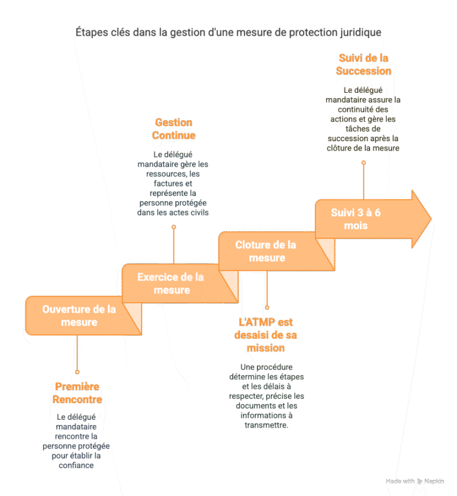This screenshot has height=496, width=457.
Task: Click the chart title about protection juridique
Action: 228,32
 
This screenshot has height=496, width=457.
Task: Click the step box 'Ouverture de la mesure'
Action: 79,316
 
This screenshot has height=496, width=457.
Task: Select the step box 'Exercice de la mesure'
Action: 171,283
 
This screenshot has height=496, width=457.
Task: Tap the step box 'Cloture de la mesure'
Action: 267,251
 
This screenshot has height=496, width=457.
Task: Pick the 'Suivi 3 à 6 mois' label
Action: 356,219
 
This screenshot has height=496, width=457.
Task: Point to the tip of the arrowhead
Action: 430,219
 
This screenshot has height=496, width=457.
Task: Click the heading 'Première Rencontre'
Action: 77,393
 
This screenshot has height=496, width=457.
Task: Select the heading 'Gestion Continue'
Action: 174,129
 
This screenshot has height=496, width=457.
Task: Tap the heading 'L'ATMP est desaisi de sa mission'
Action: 266,335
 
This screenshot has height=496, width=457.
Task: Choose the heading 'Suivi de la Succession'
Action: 364,64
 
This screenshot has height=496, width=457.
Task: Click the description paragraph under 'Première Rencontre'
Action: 77,441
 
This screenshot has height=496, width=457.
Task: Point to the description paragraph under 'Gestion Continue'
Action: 174,183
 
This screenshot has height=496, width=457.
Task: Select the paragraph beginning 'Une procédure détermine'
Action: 266,396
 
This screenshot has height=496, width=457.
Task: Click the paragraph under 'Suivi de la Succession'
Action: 364,118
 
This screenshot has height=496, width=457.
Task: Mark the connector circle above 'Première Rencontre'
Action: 77,355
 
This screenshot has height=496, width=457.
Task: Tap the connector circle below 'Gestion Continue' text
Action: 174,227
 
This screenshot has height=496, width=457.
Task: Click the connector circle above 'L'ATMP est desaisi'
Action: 267,308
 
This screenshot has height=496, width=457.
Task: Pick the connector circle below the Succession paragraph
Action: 364,162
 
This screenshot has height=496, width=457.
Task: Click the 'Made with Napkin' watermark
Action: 415,481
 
